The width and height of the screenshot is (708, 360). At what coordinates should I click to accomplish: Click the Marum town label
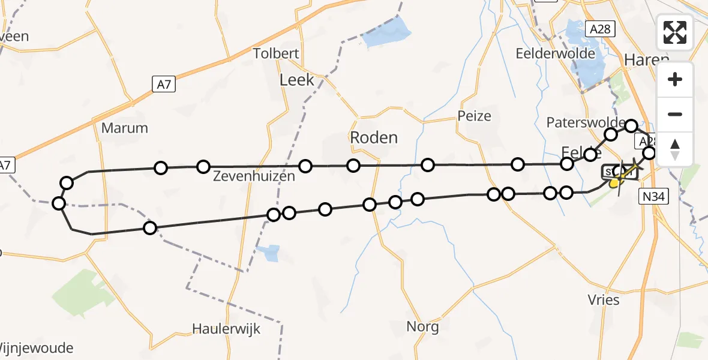point(124,128)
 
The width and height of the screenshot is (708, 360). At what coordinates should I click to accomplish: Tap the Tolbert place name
point(276,53)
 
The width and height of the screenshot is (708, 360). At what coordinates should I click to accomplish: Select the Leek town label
point(297,80)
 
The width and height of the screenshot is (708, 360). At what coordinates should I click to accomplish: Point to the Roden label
point(374,137)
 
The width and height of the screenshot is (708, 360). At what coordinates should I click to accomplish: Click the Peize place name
point(474,116)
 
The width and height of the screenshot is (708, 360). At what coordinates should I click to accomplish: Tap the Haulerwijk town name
point(227,329)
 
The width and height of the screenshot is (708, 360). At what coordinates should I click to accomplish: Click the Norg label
point(422,327)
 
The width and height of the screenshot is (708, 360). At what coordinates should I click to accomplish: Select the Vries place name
point(604,299)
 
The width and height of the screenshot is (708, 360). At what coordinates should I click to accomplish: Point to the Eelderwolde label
point(556,53)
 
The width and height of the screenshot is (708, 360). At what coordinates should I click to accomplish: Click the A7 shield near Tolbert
point(164,85)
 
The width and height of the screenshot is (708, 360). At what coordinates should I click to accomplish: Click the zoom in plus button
point(675,80)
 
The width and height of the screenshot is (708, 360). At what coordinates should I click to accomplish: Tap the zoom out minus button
point(675,114)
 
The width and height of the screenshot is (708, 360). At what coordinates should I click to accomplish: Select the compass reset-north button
point(675,149)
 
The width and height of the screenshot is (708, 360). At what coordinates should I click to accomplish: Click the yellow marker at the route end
point(614,183)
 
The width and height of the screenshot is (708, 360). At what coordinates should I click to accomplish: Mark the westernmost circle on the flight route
point(59,203)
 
